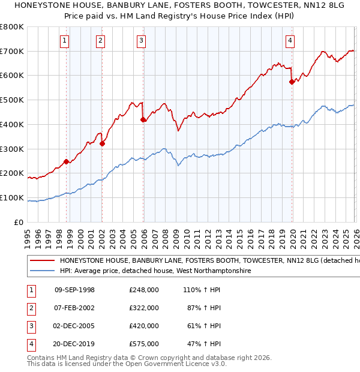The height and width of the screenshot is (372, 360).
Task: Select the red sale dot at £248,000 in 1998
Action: [66, 161]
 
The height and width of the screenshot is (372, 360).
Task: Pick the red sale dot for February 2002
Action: [102, 143]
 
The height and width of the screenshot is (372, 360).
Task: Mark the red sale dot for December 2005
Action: [143, 119]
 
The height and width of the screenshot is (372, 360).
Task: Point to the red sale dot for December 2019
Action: [292, 82]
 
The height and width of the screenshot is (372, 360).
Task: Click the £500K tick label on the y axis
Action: [12, 100]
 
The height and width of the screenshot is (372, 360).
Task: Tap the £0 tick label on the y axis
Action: [18, 222]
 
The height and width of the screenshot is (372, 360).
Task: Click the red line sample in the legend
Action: [41, 261]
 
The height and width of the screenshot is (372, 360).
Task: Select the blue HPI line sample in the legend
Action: [41, 271]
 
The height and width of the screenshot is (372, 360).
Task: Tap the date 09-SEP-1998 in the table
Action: [74, 290]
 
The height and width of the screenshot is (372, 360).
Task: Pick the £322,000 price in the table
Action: [144, 308]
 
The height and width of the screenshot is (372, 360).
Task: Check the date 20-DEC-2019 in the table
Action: [74, 344]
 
